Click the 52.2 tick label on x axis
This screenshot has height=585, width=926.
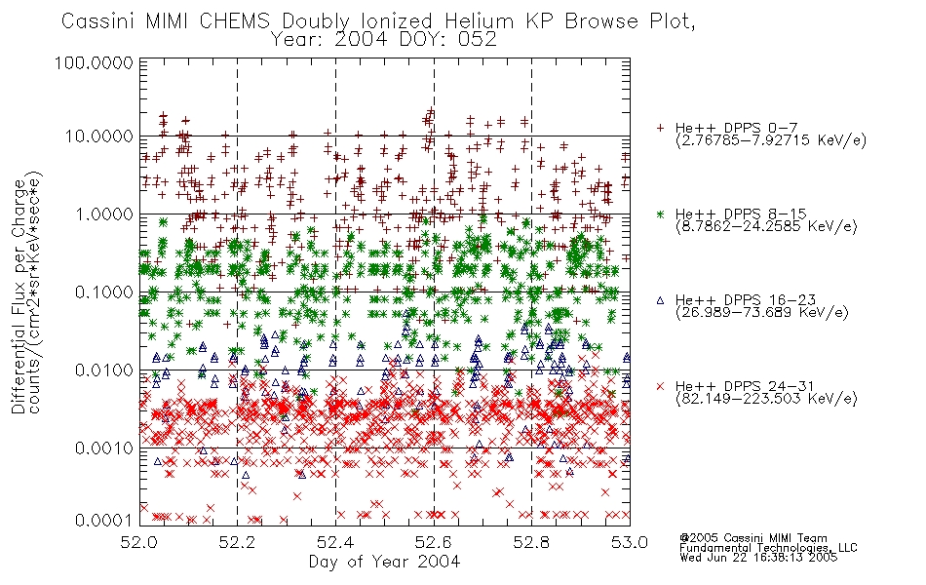click(238, 542)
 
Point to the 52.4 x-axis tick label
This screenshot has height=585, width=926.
click(335, 542)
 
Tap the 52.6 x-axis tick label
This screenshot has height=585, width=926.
click(434, 542)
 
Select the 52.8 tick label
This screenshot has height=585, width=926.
click(531, 542)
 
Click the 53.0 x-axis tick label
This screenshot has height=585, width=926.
click(630, 542)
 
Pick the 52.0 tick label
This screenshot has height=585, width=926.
click(139, 542)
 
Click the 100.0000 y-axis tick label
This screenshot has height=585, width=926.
click(95, 62)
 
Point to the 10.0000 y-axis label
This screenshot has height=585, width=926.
click(98, 136)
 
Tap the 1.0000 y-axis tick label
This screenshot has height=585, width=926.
click(104, 214)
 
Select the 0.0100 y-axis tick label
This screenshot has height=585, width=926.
click(104, 370)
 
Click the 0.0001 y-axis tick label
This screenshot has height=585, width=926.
click(104, 520)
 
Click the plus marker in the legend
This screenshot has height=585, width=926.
click(661, 128)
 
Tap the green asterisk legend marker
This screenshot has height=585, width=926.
click(661, 214)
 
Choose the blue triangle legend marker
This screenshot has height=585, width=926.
click(661, 300)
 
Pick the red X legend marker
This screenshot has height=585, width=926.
click(661, 386)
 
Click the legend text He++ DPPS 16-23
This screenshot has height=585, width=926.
click(746, 300)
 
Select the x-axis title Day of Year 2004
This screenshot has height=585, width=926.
click(384, 562)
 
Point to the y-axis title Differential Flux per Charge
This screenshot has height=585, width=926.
click(19, 296)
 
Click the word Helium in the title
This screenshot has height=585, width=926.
click(479, 21)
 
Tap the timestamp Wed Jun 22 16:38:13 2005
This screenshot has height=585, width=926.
click(758, 558)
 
